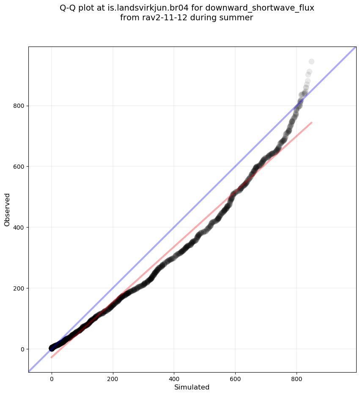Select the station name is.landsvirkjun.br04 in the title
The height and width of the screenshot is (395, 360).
point(146,8)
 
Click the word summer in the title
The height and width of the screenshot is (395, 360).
point(239,18)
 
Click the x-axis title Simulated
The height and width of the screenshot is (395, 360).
point(192,387)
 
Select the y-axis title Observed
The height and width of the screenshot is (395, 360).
point(7,209)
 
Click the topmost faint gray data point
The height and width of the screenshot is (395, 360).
point(311,62)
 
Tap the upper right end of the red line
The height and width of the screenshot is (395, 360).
point(312,122)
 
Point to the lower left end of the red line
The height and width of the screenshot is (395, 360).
point(51,358)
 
